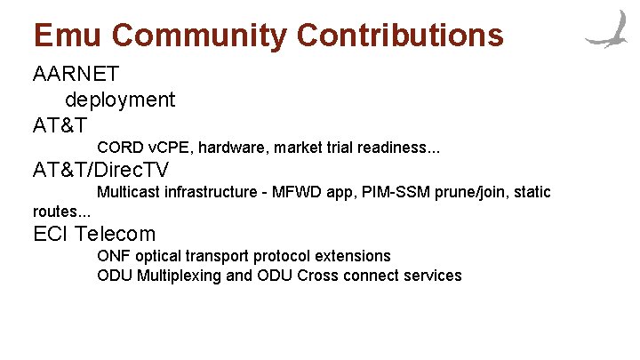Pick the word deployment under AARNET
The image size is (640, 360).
(x=120, y=100)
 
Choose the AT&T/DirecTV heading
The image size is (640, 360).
(x=100, y=170)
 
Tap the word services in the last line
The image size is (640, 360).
(x=430, y=276)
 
